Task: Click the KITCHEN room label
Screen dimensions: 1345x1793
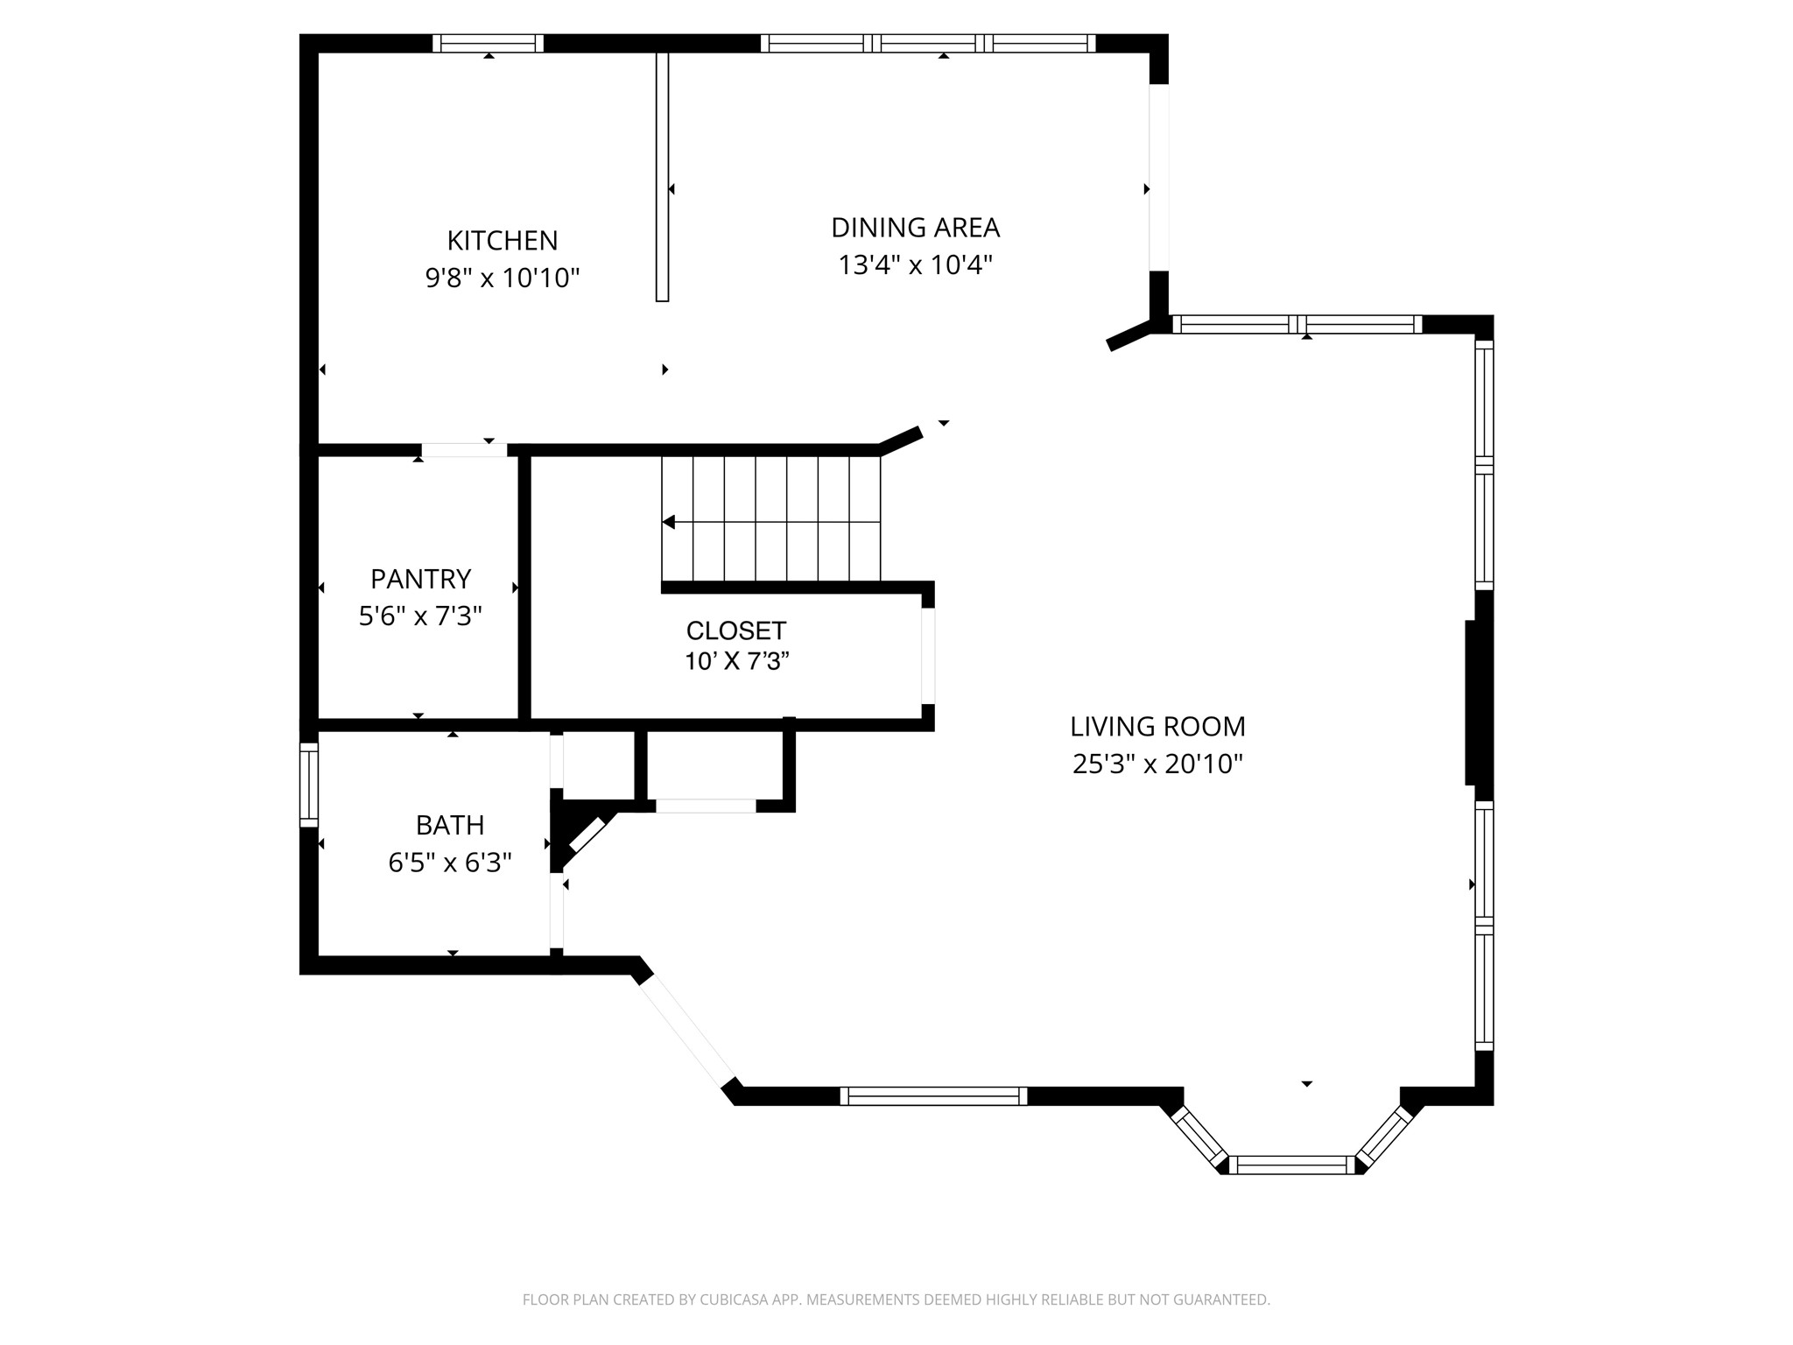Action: click(x=502, y=240)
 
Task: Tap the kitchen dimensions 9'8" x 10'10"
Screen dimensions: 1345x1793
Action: click(x=502, y=278)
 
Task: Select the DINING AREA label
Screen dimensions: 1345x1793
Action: click(x=915, y=228)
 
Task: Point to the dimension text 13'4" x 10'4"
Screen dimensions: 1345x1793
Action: click(x=915, y=264)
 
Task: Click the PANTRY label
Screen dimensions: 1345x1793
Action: click(x=420, y=579)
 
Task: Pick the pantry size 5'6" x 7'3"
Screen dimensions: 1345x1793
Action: click(x=420, y=616)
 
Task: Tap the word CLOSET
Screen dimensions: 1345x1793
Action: click(x=735, y=630)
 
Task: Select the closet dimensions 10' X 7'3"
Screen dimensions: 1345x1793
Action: click(x=736, y=661)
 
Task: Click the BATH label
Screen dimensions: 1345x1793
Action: click(x=450, y=825)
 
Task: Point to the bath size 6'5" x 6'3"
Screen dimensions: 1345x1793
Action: click(x=450, y=863)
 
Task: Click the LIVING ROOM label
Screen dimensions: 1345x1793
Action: click(x=1157, y=726)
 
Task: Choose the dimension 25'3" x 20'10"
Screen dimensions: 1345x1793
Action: click(x=1157, y=764)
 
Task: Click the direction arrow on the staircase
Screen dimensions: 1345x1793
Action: click(x=669, y=522)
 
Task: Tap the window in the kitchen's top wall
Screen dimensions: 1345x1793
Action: click(x=488, y=44)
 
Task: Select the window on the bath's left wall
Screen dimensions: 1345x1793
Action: click(x=308, y=785)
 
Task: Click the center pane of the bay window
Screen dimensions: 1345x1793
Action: click(x=1292, y=1164)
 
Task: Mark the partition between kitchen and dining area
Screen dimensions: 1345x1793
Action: click(x=662, y=175)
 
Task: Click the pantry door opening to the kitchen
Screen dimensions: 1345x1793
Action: click(x=464, y=450)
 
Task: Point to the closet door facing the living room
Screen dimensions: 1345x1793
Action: click(x=927, y=656)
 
